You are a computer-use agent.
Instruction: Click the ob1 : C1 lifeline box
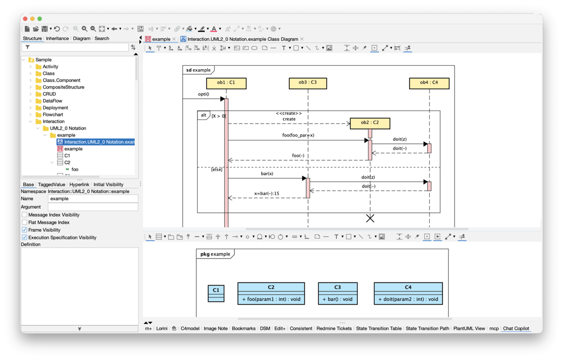click(226, 83)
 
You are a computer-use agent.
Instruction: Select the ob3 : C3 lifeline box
click(308, 83)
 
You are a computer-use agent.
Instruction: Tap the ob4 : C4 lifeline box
click(429, 83)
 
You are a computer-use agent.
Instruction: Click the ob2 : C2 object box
click(370, 123)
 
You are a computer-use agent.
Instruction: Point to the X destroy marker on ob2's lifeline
click(370, 218)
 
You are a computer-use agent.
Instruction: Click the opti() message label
click(203, 94)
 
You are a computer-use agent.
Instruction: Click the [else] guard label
click(216, 169)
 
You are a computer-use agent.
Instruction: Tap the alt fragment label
click(203, 115)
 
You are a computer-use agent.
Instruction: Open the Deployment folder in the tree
click(55, 108)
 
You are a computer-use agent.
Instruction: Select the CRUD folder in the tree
click(49, 94)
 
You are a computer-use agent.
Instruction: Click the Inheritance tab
click(57, 39)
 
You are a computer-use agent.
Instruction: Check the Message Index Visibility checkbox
click(25, 215)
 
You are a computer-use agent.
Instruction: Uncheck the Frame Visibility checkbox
click(25, 230)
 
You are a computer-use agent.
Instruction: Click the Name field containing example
click(93, 199)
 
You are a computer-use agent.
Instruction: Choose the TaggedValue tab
click(52, 185)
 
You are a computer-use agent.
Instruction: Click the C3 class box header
click(338, 288)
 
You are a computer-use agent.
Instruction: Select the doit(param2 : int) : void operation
click(408, 299)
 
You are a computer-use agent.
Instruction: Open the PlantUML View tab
click(469, 329)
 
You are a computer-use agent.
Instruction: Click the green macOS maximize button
click(40, 19)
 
